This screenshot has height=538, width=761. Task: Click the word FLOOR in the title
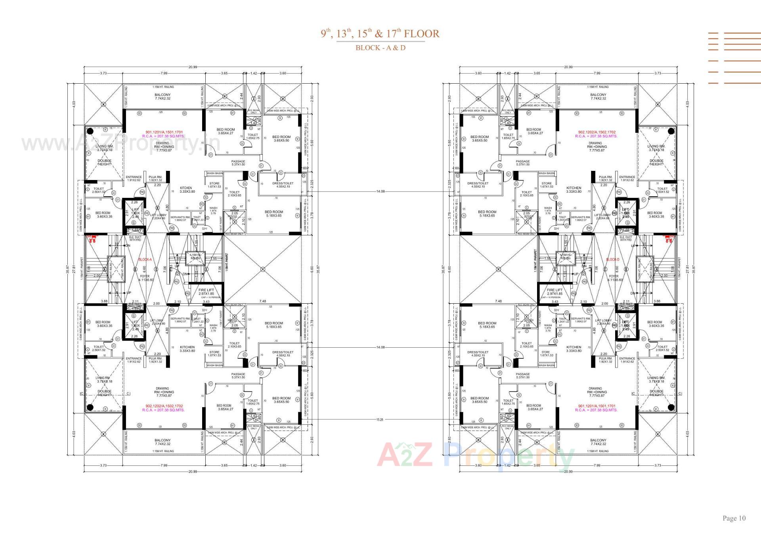tap(422, 34)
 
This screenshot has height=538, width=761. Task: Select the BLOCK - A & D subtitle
tap(380, 48)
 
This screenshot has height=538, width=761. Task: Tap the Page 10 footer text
tap(734, 518)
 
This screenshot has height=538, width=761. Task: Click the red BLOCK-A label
tap(145, 260)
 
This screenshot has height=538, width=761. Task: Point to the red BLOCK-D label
tap(612, 260)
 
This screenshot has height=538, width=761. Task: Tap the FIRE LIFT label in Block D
tap(554, 290)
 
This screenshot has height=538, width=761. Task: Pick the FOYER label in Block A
tap(145, 276)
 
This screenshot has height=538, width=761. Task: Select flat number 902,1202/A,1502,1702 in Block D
tap(596, 132)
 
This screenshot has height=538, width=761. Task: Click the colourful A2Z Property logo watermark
tap(476, 456)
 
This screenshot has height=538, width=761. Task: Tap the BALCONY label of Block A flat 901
tap(163, 95)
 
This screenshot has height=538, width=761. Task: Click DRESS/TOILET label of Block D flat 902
tap(478, 184)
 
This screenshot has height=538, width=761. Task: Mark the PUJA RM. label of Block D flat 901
tap(605, 358)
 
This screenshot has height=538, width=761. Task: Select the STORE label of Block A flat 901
tap(214, 184)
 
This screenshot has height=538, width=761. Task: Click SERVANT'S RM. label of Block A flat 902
tap(180, 318)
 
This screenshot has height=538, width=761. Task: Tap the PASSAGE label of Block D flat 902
tap(522, 161)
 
